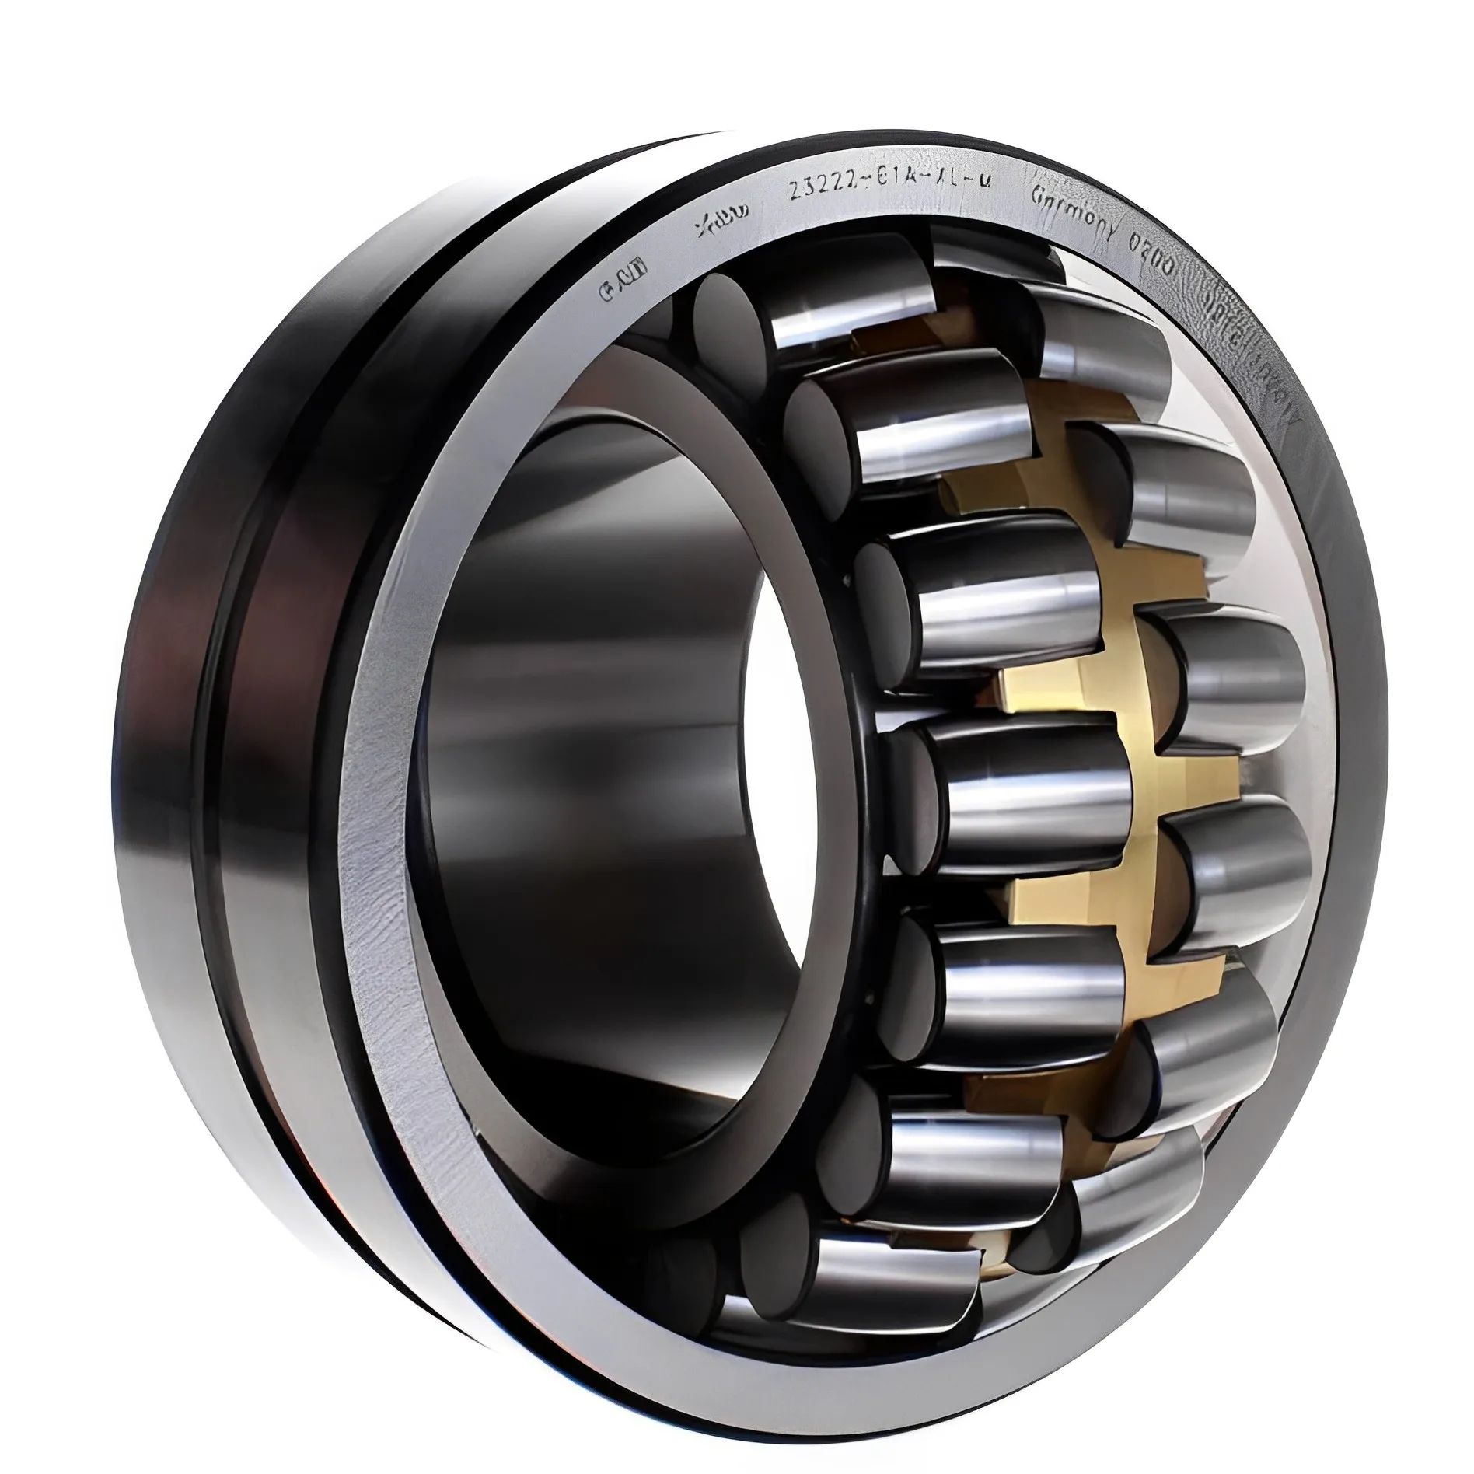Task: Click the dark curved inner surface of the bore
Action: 591,700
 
